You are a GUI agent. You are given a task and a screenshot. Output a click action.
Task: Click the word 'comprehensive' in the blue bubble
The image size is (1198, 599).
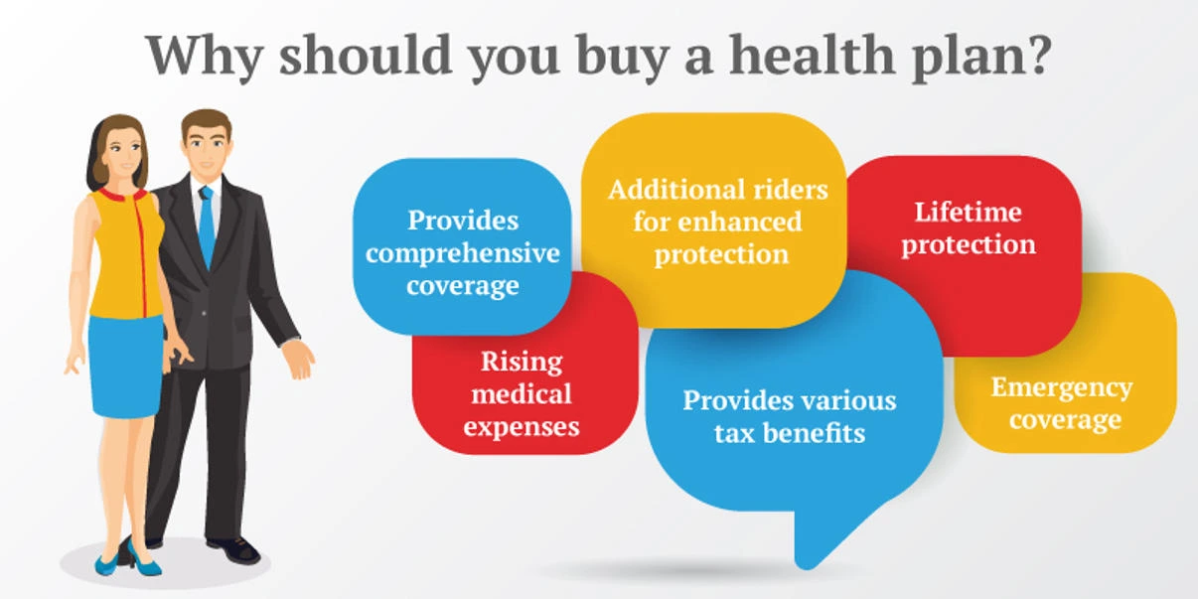(463, 253)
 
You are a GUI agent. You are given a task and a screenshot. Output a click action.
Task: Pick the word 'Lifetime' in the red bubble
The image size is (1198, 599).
(968, 212)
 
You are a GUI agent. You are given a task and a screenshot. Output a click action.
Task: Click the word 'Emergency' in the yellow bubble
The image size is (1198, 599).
(1061, 386)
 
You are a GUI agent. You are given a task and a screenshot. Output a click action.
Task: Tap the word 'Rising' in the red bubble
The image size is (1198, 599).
(522, 361)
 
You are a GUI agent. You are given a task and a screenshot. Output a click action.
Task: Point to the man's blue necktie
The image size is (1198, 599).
(207, 225)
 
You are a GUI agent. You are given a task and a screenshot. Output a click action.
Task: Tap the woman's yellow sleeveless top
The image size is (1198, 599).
(126, 253)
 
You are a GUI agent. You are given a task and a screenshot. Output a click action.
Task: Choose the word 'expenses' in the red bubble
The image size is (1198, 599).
(522, 427)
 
